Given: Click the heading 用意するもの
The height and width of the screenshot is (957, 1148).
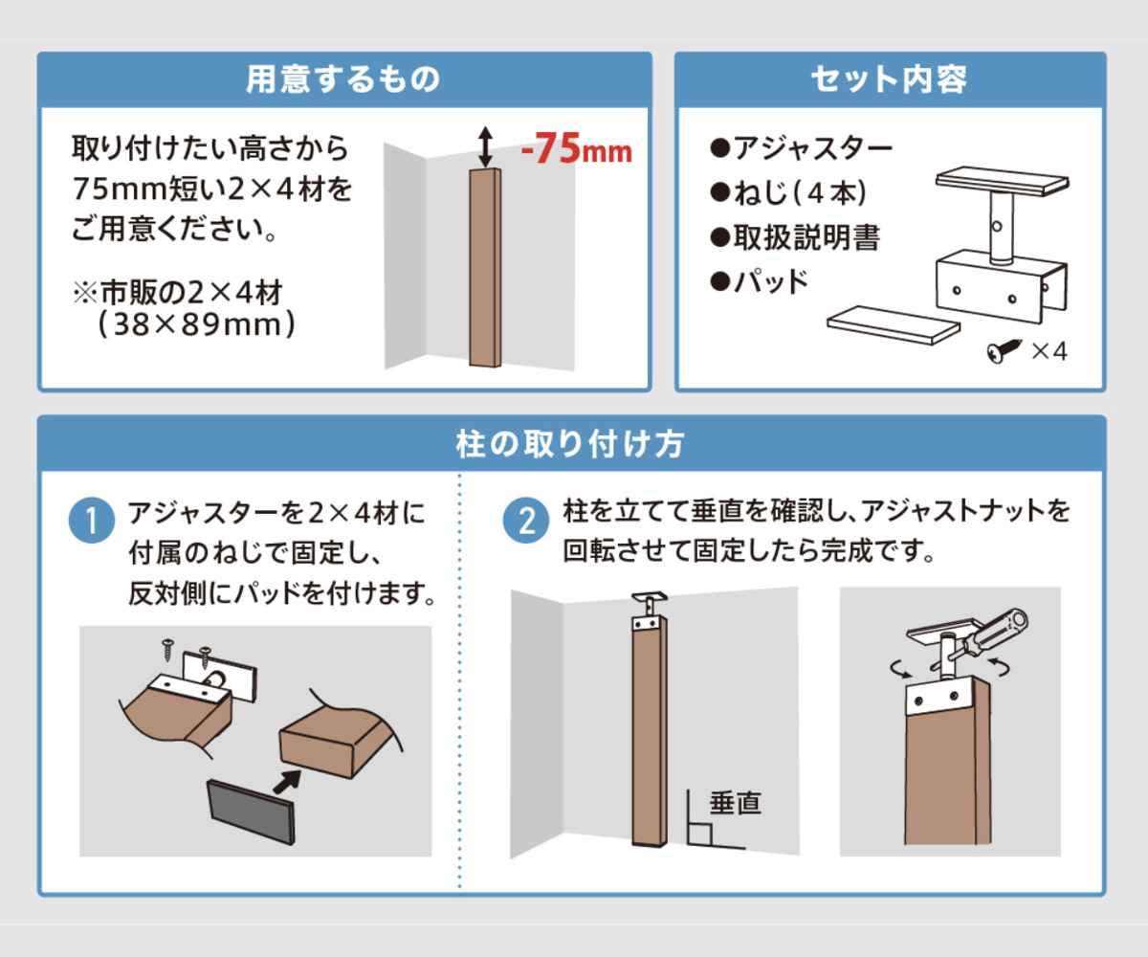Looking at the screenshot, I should point(343,78).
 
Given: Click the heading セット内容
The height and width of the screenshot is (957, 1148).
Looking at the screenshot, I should point(889,78).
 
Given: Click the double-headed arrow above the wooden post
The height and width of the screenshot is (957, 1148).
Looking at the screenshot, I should point(485,146).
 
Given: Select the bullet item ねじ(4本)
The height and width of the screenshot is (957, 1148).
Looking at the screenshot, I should point(789,192).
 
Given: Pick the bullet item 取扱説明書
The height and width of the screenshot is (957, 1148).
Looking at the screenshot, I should point(795,237).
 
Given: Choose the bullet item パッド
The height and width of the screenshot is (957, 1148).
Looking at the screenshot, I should point(761,282).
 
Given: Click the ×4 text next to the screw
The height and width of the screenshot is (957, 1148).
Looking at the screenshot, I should point(1049,352).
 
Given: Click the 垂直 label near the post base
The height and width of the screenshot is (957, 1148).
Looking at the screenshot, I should point(735,802).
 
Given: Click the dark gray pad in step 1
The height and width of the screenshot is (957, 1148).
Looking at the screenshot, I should point(251,811).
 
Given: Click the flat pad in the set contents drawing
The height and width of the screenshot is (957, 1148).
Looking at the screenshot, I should point(892,325).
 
